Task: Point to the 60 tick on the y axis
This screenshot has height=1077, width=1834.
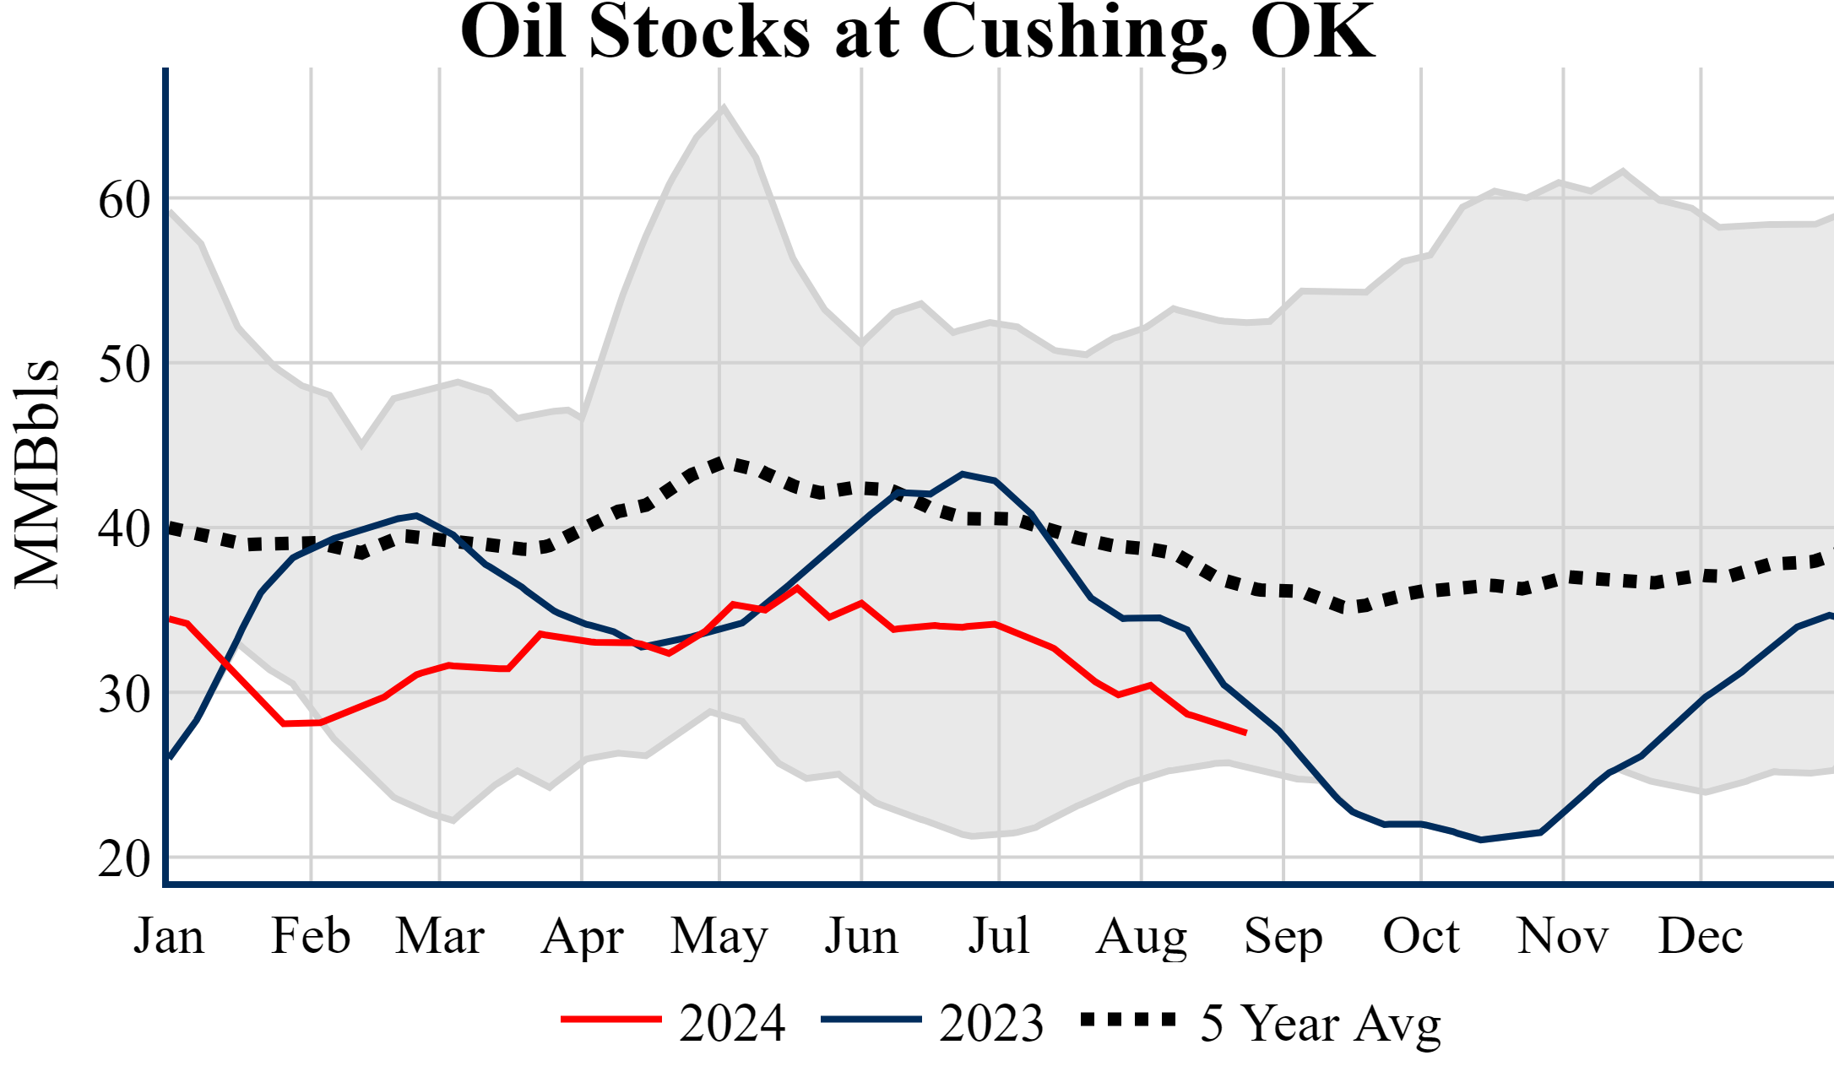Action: click(x=124, y=201)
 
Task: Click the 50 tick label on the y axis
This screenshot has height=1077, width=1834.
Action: click(x=124, y=365)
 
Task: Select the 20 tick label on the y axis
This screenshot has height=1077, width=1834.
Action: click(x=124, y=860)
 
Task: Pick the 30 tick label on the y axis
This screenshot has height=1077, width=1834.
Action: click(x=124, y=695)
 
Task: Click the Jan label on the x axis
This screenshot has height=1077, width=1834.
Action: click(x=169, y=936)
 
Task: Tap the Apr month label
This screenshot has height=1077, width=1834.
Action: click(x=582, y=936)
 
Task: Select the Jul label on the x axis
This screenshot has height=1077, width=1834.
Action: click(x=999, y=936)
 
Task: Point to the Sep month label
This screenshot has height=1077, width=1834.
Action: click(x=1283, y=936)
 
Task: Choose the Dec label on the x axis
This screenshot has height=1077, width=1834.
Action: click(x=1700, y=936)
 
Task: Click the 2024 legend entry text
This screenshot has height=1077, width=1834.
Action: click(x=732, y=1023)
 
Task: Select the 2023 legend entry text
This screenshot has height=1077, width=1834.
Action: click(x=991, y=1023)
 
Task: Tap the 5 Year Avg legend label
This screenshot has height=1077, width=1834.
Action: click(x=1321, y=1023)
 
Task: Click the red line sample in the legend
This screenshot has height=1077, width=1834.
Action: click(x=610, y=1020)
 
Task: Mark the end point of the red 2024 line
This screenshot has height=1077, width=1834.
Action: click(x=1245, y=733)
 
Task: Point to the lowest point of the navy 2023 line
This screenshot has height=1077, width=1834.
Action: click(x=1480, y=840)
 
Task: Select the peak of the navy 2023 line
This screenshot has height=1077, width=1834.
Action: click(x=963, y=474)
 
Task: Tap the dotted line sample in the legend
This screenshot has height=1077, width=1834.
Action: click(x=1128, y=1020)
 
